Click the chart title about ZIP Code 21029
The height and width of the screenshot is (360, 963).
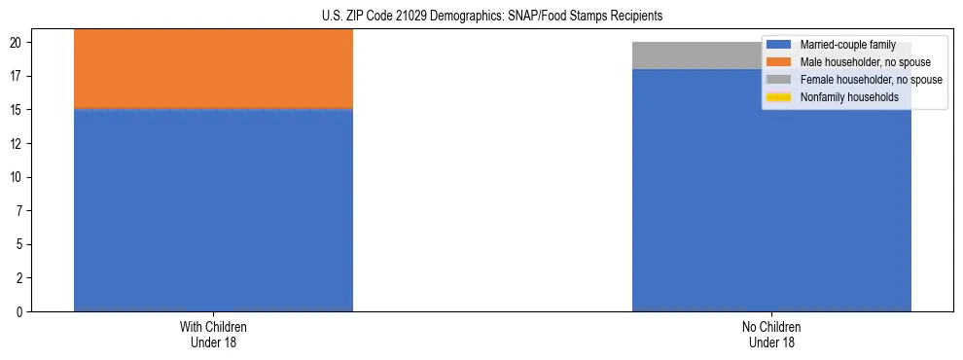tap(491, 16)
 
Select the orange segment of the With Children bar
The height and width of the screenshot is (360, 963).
tap(213, 68)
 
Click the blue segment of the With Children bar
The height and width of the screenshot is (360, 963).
tap(213, 210)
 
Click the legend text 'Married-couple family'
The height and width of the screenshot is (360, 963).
tap(847, 45)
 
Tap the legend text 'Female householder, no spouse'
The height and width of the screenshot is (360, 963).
tap(871, 80)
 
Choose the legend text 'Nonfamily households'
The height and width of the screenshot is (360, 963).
tap(849, 97)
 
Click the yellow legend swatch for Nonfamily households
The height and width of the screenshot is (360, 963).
tap(779, 97)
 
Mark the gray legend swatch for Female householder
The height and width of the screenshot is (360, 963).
tap(779, 80)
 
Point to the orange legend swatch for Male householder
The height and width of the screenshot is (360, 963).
tap(779, 62)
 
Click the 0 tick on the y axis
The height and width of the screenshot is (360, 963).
tap(19, 312)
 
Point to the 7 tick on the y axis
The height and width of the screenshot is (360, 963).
tap(19, 211)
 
